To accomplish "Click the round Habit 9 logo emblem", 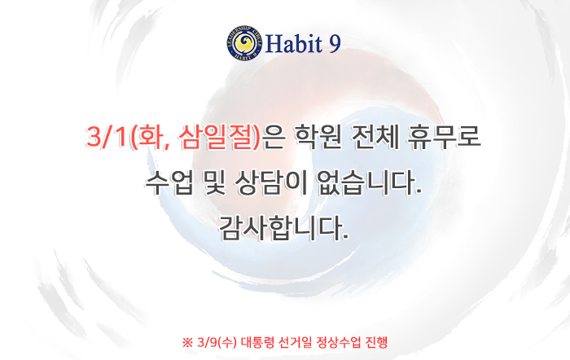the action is [x=244, y=43].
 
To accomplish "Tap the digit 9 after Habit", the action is [x=335, y=44].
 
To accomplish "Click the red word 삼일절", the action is [x=217, y=137].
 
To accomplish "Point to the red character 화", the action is [x=149, y=137].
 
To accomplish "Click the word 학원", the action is [x=318, y=137].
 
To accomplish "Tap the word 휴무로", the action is [x=444, y=137].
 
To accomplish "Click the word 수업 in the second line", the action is [x=169, y=182].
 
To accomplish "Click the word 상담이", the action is [x=271, y=182].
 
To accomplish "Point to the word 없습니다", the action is [x=370, y=182].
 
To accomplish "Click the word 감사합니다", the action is [x=284, y=228].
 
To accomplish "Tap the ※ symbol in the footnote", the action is [x=187, y=343].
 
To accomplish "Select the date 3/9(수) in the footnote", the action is [x=217, y=343].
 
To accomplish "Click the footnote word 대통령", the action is [x=258, y=343].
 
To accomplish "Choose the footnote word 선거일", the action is [x=296, y=343].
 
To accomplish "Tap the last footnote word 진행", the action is [x=376, y=343].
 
